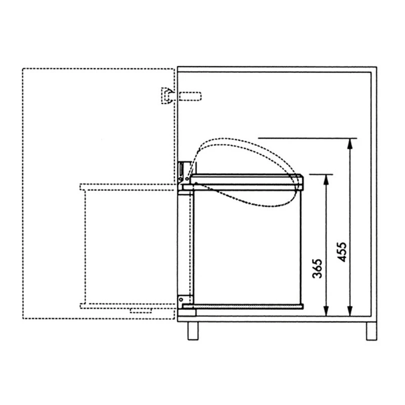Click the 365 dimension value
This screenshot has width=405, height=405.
point(317,268)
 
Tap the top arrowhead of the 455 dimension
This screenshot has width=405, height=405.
point(350,144)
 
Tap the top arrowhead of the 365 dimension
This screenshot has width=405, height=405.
point(326,180)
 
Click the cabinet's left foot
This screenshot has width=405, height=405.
point(193,331)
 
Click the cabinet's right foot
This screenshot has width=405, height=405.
point(372,331)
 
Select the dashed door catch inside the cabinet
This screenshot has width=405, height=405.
point(190,96)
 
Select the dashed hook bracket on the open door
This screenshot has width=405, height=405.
point(167,96)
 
